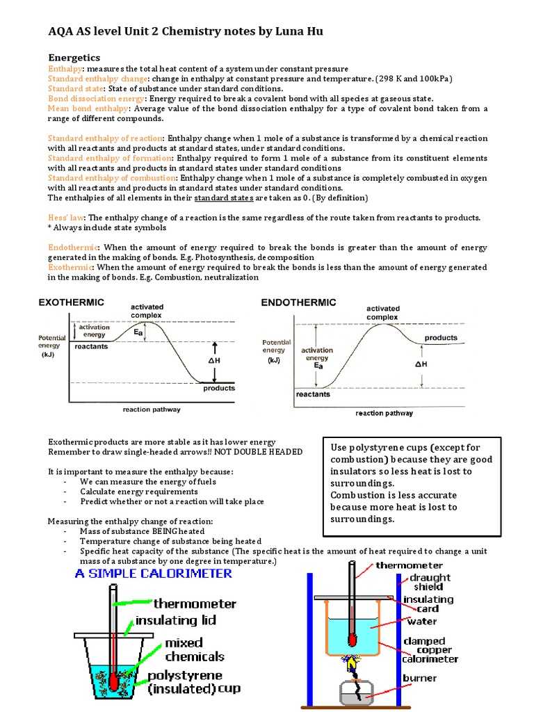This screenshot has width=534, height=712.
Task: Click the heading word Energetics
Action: point(74,57)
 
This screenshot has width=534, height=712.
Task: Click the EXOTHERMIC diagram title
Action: point(71,302)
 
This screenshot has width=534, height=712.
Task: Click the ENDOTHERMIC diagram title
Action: point(298,302)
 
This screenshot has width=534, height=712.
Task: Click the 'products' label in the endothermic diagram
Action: point(441,338)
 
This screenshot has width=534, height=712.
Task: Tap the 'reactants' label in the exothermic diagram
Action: point(91,346)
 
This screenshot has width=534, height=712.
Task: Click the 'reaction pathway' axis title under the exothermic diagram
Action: point(152,410)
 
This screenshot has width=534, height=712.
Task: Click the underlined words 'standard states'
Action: point(222,198)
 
